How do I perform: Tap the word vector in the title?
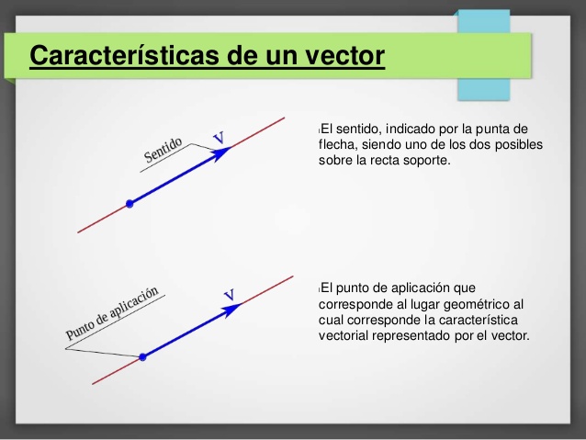339,55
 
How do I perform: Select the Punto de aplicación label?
112,315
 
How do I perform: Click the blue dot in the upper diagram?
130,203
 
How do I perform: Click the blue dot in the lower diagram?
142,356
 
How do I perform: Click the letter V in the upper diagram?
219,139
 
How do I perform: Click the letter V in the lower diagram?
230,294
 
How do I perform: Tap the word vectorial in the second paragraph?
344,336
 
